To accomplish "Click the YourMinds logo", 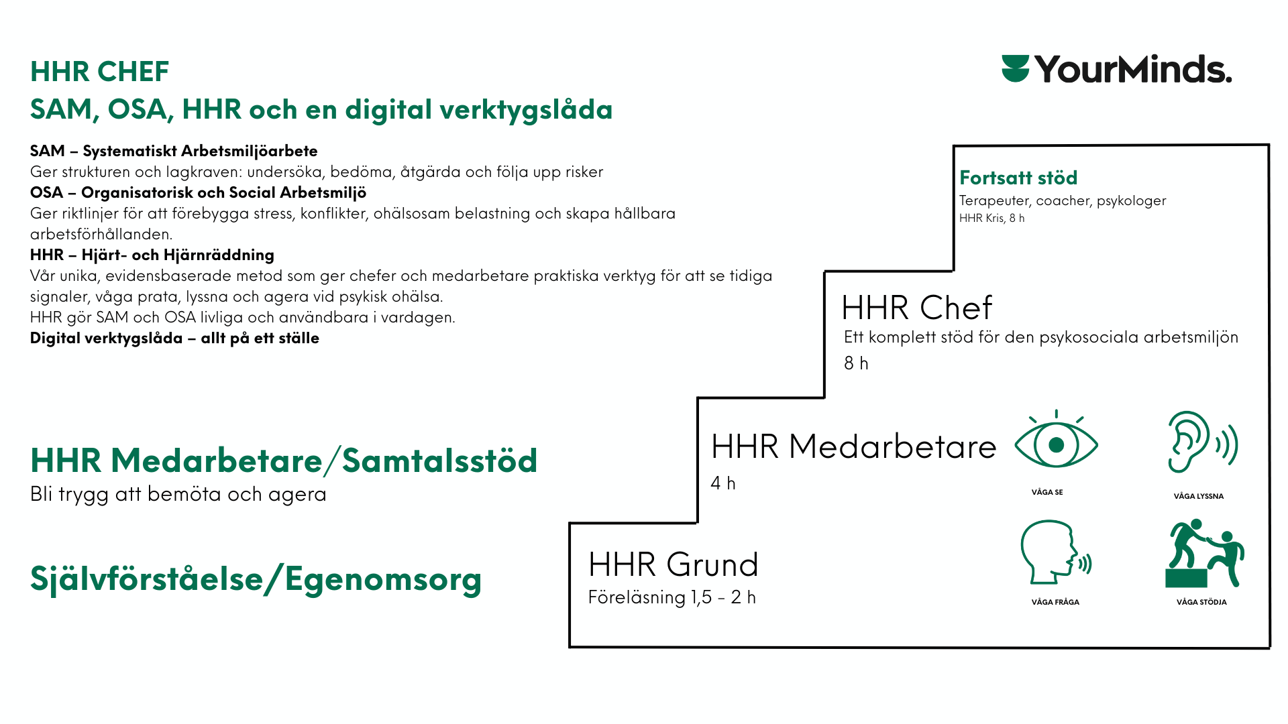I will (x=1116, y=70).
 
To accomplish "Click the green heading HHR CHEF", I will (x=99, y=72).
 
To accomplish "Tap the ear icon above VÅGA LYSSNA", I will (x=1201, y=442).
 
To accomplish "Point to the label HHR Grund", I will (x=673, y=564).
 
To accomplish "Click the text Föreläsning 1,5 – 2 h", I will (x=672, y=597).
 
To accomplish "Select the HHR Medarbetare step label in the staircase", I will (x=853, y=446).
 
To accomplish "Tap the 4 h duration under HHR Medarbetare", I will (x=722, y=483).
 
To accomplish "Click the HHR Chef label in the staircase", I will (x=916, y=308).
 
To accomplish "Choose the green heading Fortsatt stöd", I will (x=1018, y=178).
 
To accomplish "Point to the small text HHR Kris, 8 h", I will (x=991, y=218).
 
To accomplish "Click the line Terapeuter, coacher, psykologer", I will (x=1062, y=200).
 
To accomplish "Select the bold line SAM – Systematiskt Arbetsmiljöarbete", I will (x=174, y=151).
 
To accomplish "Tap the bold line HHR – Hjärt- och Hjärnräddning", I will (x=152, y=255).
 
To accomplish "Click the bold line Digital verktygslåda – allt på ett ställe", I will (x=174, y=338).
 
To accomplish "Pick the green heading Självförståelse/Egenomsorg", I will (x=256, y=579).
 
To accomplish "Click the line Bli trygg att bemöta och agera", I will (x=178, y=494).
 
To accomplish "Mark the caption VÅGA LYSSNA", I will (x=1198, y=496).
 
